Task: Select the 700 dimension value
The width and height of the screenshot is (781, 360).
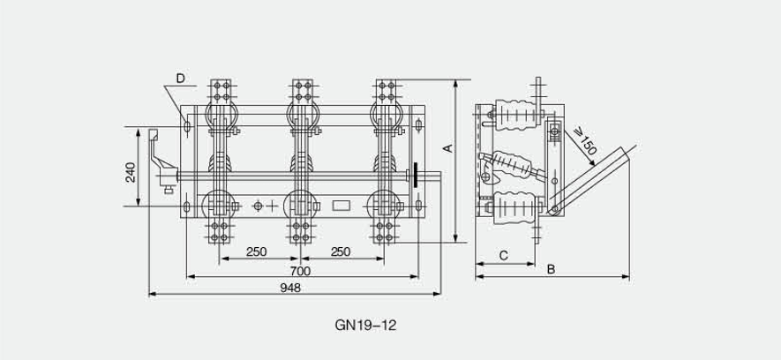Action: click(300, 271)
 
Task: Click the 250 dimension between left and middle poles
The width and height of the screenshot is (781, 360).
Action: click(256, 252)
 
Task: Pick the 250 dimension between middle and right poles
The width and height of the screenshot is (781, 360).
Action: click(340, 252)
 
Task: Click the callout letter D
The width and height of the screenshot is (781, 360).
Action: click(180, 79)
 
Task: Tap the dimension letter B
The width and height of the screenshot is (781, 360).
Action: click(550, 268)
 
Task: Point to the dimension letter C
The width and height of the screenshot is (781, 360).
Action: click(502, 255)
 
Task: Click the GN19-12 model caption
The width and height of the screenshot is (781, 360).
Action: click(366, 325)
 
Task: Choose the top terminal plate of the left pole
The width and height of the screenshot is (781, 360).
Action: click(220, 93)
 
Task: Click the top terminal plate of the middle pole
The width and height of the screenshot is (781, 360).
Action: click(303, 93)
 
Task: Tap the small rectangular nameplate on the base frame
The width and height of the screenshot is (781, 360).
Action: click(340, 206)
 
